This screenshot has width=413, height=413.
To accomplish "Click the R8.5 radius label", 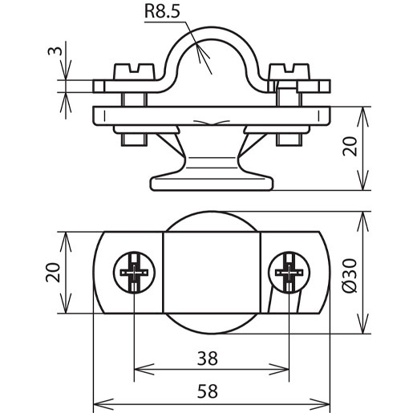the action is [162, 11].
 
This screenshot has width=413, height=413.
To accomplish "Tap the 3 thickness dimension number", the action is [55, 51].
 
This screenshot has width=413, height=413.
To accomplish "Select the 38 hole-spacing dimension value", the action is [208, 358].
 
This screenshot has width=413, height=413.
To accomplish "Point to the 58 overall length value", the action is [208, 391].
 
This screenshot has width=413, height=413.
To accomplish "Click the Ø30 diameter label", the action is [350, 276].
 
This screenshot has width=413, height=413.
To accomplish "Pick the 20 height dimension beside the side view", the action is [350, 146].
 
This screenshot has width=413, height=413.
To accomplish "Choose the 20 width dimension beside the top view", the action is [53, 273].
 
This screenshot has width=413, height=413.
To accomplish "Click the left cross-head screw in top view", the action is [134, 273].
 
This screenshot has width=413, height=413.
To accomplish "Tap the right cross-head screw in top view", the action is [289, 273].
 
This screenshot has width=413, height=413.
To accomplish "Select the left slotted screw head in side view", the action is [134, 71].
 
